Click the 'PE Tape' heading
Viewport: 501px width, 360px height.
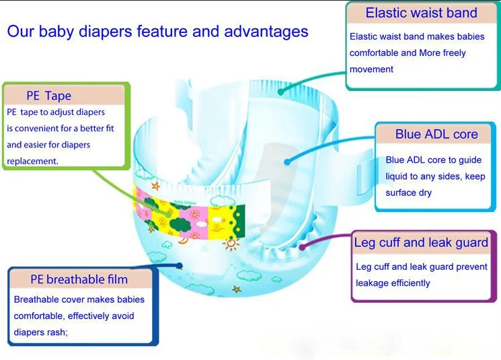(48, 96)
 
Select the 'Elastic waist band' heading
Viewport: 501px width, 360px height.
(421, 13)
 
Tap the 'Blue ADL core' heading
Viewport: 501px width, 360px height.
(436, 134)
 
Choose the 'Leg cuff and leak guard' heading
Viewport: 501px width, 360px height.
(422, 243)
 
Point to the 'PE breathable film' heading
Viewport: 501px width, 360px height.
(79, 279)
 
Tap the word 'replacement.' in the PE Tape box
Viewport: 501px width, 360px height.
(32, 161)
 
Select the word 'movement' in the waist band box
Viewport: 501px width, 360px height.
(371, 69)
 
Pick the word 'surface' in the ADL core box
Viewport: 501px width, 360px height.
(401, 192)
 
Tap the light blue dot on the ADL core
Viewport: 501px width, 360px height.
(287, 161)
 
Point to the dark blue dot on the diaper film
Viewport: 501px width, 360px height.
(180, 266)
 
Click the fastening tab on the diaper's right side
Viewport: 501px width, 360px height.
(360, 165)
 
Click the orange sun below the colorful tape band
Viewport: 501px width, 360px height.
(231, 244)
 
